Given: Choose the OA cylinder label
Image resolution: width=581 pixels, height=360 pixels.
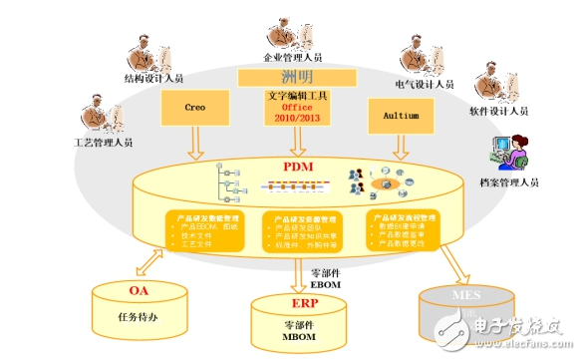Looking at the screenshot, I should coord(139,291).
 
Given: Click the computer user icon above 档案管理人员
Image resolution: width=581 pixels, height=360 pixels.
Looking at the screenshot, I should coord(505,153).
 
